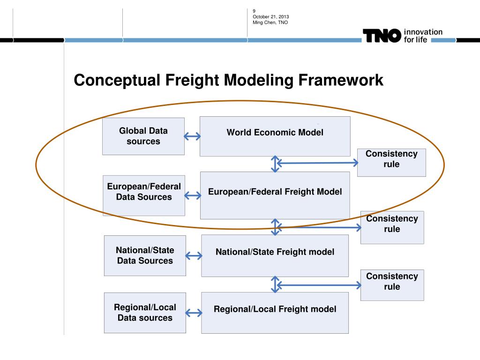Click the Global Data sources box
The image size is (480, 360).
click(x=143, y=136)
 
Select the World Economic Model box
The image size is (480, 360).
click(x=275, y=136)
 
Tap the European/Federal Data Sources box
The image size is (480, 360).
click(x=144, y=195)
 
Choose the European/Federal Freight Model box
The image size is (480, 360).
click(x=275, y=195)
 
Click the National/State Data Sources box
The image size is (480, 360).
click(x=145, y=255)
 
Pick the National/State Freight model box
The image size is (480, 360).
click(x=275, y=255)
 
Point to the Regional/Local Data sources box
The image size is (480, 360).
click(x=145, y=313)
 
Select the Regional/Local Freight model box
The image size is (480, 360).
click(x=275, y=313)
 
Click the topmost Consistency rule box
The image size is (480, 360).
click(x=391, y=162)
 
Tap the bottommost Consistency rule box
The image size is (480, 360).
click(x=392, y=285)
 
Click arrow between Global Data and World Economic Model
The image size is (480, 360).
click(x=192, y=136)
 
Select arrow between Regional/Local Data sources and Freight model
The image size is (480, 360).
click(x=194, y=313)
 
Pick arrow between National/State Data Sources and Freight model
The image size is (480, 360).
click(x=194, y=256)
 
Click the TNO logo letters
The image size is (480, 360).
click(x=382, y=36)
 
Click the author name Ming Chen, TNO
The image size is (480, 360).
click(x=270, y=22)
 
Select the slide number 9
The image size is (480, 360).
click(x=254, y=11)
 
